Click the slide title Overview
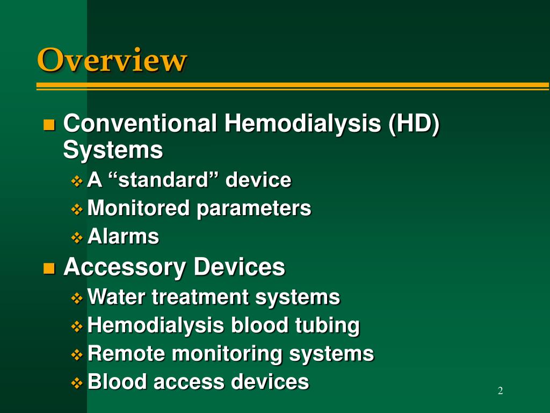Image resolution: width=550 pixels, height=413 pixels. [x=112, y=59]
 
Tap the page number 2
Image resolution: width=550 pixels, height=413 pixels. [x=500, y=391]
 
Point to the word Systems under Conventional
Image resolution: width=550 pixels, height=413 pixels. [x=113, y=150]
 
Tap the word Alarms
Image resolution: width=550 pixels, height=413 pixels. [x=123, y=236]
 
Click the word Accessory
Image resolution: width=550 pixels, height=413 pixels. [x=125, y=267]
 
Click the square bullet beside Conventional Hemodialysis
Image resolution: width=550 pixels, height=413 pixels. [x=49, y=125]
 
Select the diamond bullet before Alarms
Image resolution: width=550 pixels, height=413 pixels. [x=77, y=237]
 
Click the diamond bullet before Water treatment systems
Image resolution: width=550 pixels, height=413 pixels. [x=77, y=297]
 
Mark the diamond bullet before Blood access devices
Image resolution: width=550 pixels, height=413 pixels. [x=77, y=382]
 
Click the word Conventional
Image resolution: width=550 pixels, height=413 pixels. [x=141, y=124]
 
